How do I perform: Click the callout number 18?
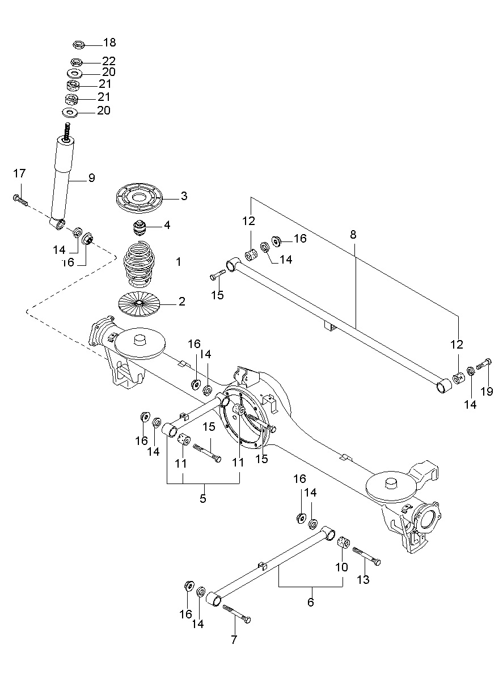109,43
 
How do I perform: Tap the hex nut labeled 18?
79,45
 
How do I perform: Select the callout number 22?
109,61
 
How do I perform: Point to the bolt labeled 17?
20,200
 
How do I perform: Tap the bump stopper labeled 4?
140,228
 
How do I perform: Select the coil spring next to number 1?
139,264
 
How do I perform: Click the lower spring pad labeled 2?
139,303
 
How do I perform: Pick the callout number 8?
353,235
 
